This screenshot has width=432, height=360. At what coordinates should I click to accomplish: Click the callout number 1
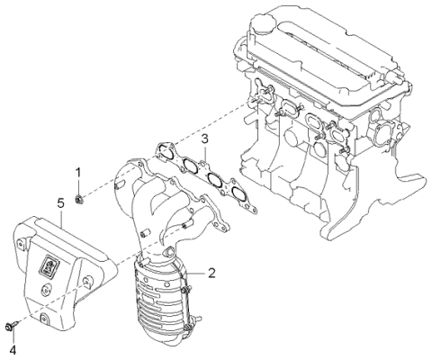[x=78, y=172]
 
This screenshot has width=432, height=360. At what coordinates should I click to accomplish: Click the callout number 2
[x=211, y=271]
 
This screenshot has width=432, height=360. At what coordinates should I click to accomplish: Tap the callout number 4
[x=13, y=348]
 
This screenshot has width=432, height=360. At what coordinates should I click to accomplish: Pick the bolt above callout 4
[x=12, y=326]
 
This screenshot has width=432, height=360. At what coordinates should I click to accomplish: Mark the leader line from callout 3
[x=205, y=152]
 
